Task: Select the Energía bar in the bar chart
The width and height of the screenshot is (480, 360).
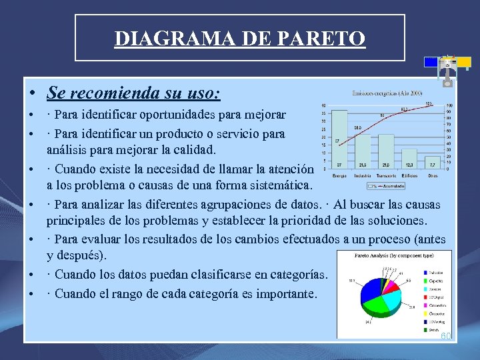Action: coord(339,140)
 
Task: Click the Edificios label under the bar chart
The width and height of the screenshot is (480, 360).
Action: coord(409,175)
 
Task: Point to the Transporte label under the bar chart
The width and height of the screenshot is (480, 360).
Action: coord(386,175)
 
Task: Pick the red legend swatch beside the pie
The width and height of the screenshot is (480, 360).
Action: coord(425,281)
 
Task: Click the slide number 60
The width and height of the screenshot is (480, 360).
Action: coord(445,335)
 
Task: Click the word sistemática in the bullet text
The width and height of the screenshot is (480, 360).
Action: coord(279,185)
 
